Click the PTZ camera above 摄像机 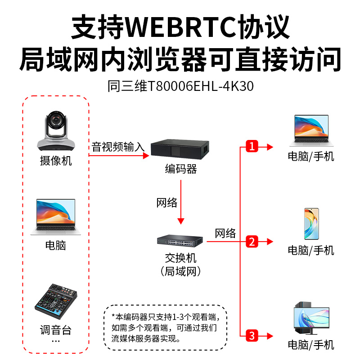pyautogui.click(x=56, y=130)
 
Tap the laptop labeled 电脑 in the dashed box pyautogui.click(x=55, y=217)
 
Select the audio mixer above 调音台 pyautogui.click(x=56, y=301)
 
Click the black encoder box pyautogui.click(x=180, y=149)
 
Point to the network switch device pyautogui.click(x=180, y=241)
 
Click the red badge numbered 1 pyautogui.click(x=252, y=146)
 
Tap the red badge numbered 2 pyautogui.click(x=252, y=242)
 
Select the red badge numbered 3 pyautogui.click(x=252, y=336)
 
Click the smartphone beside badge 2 pyautogui.click(x=311, y=224)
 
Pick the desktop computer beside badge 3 pyautogui.click(x=311, y=318)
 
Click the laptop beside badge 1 pyautogui.click(x=311, y=130)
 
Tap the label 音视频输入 pyautogui.click(x=118, y=147)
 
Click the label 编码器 pyautogui.click(x=181, y=169)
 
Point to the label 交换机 pyautogui.click(x=181, y=258)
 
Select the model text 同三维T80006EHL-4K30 pyautogui.click(x=180, y=86)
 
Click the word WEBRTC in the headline pyautogui.click(x=181, y=27)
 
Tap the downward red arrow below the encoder pyautogui.click(x=181, y=202)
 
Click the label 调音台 pyautogui.click(x=56, y=330)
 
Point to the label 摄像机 pyautogui.click(x=56, y=161)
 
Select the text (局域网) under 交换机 pyautogui.click(x=181, y=271)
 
